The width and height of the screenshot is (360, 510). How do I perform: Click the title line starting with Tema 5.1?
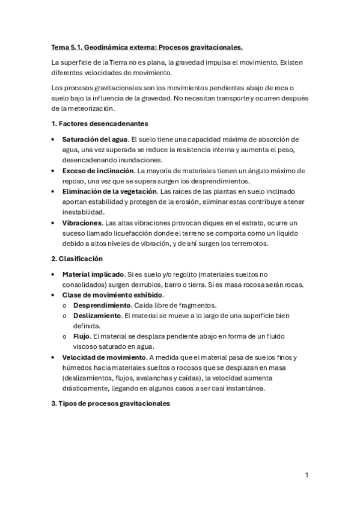pyautogui.click(x=147, y=46)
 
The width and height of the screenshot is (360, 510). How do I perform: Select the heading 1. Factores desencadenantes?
pyautogui.click(x=100, y=124)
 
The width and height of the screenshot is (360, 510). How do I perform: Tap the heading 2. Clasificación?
pyautogui.click(x=78, y=259)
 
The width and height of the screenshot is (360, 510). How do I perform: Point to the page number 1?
pyautogui.click(x=307, y=475)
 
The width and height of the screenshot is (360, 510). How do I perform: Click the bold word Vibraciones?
pyautogui.click(x=82, y=223)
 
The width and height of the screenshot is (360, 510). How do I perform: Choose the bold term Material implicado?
pyautogui.click(x=93, y=274)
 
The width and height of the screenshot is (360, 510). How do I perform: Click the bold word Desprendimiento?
pyautogui.click(x=105, y=306)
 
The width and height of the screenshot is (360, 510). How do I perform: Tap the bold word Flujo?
pyautogui.click(x=84, y=336)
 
